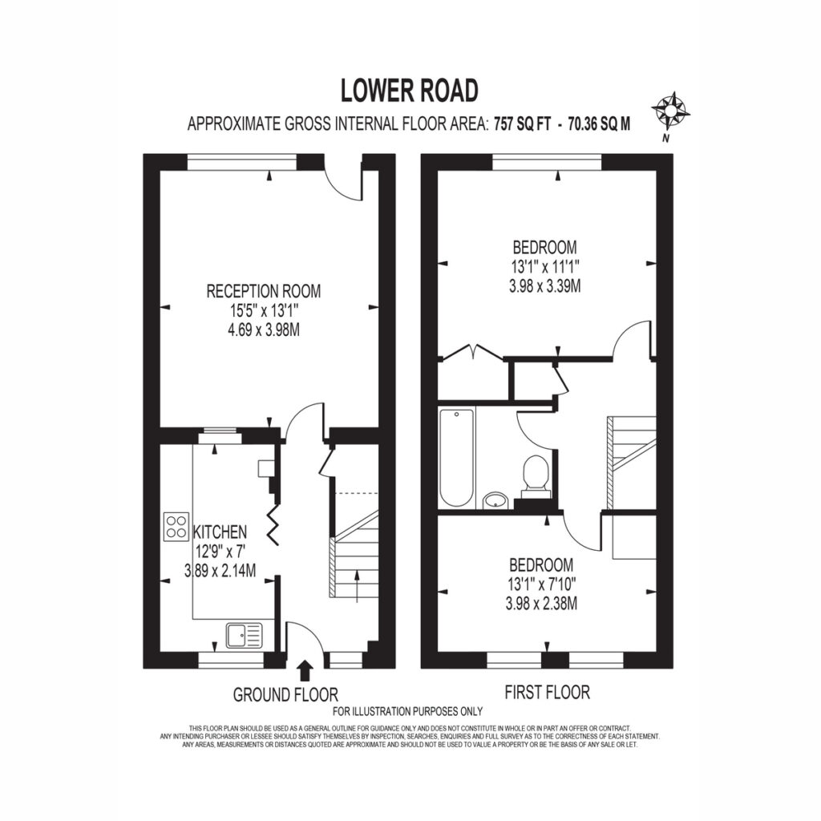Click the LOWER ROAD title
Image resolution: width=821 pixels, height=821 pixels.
pos(410,90)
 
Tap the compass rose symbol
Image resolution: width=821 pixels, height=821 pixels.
pos(671,111)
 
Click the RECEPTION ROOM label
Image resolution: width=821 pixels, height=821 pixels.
pos(263,291)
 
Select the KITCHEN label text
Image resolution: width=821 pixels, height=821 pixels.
pos(220,532)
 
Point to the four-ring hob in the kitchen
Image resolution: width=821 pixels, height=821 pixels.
pos(176,526)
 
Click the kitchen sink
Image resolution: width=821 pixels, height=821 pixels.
pos(245,636)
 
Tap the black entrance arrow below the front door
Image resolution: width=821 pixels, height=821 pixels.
pos(305,669)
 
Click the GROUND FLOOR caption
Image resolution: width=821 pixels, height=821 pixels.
pos(285,695)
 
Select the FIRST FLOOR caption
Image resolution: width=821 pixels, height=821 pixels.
pos(547,692)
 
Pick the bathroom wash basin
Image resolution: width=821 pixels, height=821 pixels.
pos(495,500)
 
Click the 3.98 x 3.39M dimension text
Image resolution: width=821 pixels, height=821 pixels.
pos(544,287)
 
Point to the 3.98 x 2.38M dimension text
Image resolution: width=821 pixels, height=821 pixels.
pos(541,605)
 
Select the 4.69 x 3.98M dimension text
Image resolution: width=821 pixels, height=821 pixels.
pos(263,330)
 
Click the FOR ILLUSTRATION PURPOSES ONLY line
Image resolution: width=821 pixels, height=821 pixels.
pos(407,712)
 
